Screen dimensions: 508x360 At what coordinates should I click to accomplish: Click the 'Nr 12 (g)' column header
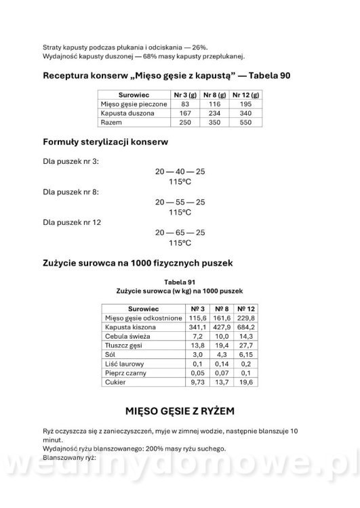[246, 96]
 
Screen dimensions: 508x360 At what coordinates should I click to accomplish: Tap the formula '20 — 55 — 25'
[180, 202]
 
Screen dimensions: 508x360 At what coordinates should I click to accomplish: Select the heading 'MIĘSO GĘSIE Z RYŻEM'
[180, 411]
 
